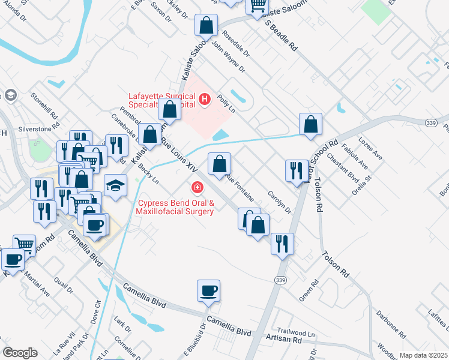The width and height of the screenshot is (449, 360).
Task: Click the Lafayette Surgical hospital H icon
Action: click(205, 98)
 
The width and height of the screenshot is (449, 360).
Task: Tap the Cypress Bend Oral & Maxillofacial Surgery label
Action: click(175, 207)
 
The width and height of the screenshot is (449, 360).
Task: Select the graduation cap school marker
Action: click(115, 186)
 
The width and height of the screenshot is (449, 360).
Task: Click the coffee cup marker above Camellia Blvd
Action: click(208, 291)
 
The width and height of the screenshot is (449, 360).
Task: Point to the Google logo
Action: click(20, 353)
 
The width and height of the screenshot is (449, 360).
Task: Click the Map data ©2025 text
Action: click(423, 355)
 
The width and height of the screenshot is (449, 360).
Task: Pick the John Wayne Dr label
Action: click(229, 59)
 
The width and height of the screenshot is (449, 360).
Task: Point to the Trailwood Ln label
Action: click(295, 331)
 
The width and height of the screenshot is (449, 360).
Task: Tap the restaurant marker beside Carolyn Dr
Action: click(296, 170)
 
